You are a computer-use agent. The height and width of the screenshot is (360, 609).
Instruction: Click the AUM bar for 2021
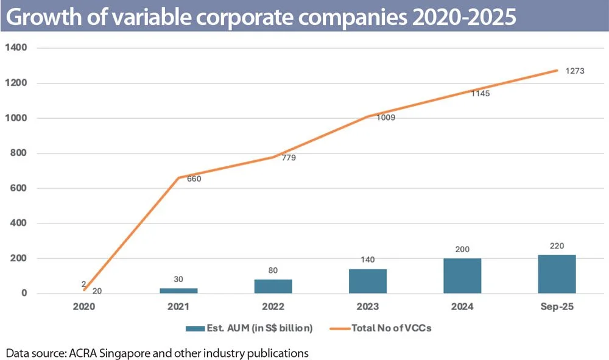178,291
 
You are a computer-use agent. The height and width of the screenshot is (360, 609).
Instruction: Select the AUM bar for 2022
273,286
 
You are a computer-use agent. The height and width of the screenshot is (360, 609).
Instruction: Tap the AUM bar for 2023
368,281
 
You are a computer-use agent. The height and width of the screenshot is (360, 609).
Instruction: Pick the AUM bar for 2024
462,276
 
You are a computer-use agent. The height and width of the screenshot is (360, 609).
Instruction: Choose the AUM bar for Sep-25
557,274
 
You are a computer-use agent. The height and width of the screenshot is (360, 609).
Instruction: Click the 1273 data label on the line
575,71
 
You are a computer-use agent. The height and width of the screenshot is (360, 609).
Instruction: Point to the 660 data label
194,179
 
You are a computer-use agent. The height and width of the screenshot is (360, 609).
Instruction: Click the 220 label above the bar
557,245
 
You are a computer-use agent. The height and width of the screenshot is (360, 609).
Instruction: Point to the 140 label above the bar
368,259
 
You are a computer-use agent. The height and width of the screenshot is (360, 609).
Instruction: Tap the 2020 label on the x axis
84,307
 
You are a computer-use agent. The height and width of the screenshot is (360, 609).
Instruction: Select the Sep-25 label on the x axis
557,307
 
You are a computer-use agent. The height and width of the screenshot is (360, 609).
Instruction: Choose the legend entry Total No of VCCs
390,328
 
